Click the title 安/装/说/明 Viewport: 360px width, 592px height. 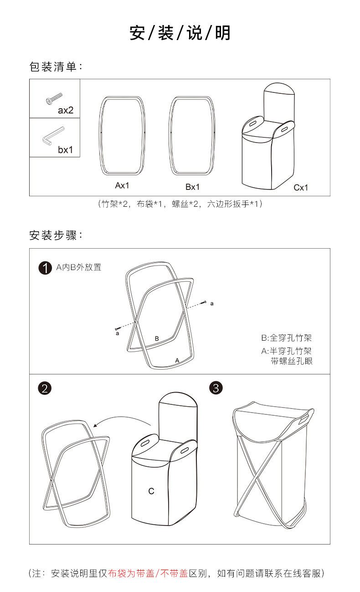pos(180,33)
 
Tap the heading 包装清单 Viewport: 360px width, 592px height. pos(56,67)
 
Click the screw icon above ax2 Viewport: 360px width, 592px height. pos(54,98)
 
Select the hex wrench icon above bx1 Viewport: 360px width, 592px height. pos(53,136)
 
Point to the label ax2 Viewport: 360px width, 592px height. pos(66,110)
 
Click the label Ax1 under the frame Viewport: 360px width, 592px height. pos(122,186)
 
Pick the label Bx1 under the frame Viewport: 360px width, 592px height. pos(192,187)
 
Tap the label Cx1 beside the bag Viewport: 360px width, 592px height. pos(301,187)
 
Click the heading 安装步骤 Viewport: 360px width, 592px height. pos(56,236)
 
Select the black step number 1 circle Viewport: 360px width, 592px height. pos(45,268)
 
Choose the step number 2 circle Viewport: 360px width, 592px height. pos(45,388)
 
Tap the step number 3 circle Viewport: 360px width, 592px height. pos(216,388)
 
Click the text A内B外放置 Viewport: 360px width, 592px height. pos(79,267)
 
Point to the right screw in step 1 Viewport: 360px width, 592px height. pos(204,302)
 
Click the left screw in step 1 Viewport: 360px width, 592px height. pos(118,328)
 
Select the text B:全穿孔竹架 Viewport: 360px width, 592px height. pos(286,338)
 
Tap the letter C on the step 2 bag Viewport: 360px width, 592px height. pos(151,491)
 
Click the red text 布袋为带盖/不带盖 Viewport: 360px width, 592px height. pos(148,573)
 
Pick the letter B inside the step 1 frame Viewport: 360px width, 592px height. pos(157,338)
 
